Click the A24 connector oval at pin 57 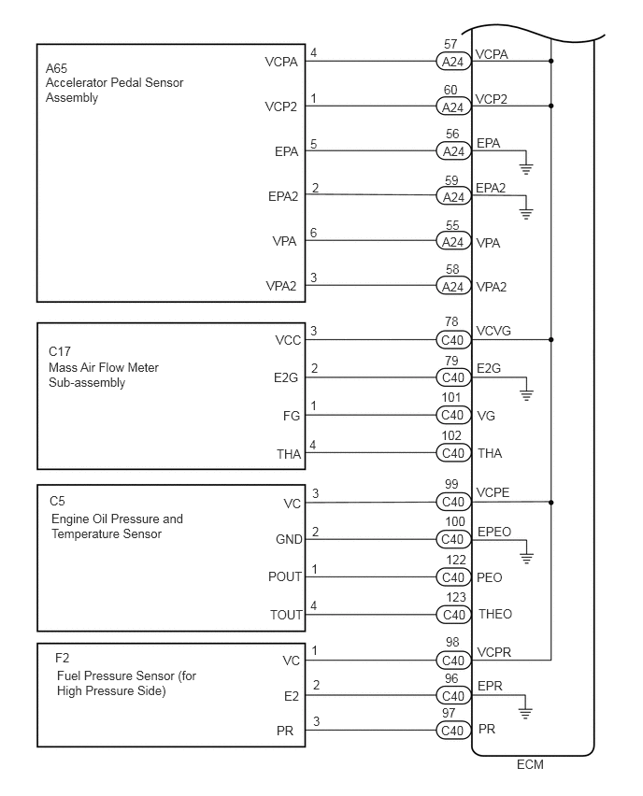pos(453,62)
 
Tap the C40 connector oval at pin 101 pos(453,415)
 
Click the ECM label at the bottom pos(530,764)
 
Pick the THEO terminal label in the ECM pos(494,614)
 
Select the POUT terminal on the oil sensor pos(285,576)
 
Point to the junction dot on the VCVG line pos(552,340)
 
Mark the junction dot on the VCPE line pos(552,502)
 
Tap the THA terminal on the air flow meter pos(288,453)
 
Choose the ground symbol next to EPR pos(526,712)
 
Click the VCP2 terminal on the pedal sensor pos(281,107)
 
